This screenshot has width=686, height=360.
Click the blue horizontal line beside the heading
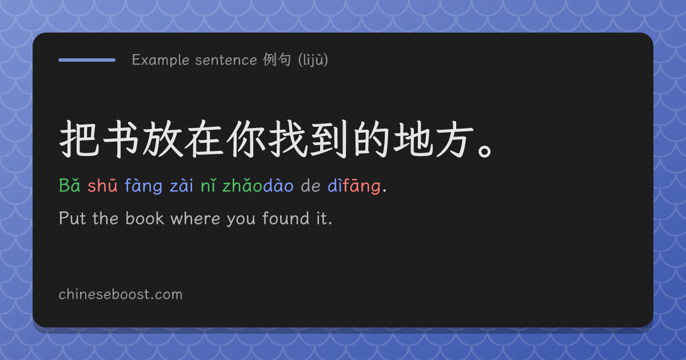pyautogui.click(x=87, y=60)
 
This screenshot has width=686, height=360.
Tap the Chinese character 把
pyautogui.click(x=79, y=139)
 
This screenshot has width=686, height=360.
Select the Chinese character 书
pyautogui.click(x=121, y=139)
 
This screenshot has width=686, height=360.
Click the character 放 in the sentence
pyautogui.click(x=163, y=139)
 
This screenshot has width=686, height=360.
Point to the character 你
pyautogui.click(x=246, y=139)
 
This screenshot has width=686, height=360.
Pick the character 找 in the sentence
pyautogui.click(x=288, y=139)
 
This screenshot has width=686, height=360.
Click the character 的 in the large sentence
pyautogui.click(x=372, y=139)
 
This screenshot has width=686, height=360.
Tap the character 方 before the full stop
pyautogui.click(x=455, y=139)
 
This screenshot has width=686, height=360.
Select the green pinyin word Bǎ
pyautogui.click(x=70, y=186)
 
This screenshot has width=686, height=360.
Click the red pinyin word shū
pyautogui.click(x=102, y=186)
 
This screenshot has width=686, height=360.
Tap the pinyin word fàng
pyautogui.click(x=143, y=186)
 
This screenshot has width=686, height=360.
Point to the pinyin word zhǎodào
pyautogui.click(x=258, y=186)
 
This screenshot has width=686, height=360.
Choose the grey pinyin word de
pyautogui.click(x=310, y=186)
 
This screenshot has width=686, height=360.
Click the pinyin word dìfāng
pyautogui.click(x=354, y=186)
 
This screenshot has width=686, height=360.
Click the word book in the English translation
pyautogui.click(x=145, y=218)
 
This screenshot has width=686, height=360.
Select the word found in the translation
pyautogui.click(x=286, y=218)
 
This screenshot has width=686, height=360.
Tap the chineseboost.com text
pyautogui.click(x=121, y=294)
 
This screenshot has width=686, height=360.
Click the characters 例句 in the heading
pyautogui.click(x=277, y=59)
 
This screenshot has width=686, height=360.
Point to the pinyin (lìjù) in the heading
pyautogui.click(x=313, y=60)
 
